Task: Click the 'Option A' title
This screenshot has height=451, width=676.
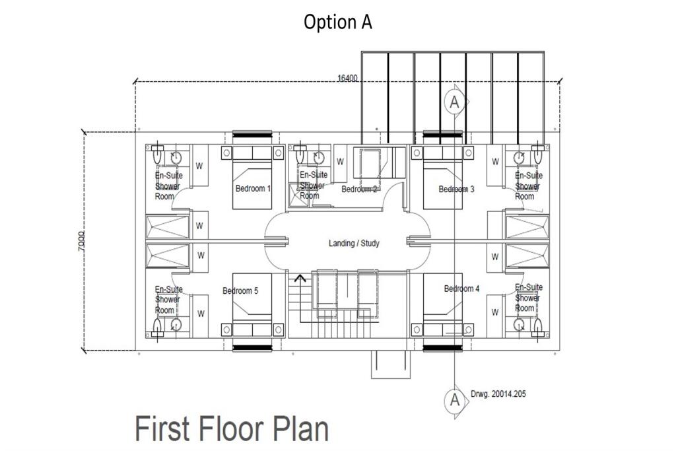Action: click(x=337, y=22)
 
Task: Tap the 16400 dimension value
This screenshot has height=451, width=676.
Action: click(x=347, y=78)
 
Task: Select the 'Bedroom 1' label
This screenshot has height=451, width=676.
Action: click(x=252, y=188)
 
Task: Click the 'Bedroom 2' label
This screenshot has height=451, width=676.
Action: click(x=359, y=190)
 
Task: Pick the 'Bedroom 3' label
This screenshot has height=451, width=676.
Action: click(x=456, y=189)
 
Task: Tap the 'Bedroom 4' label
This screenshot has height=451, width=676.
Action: click(x=461, y=289)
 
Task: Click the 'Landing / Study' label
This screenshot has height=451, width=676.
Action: click(x=354, y=243)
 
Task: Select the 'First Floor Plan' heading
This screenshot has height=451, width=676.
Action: click(x=231, y=428)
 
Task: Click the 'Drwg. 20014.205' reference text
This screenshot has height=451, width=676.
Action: click(x=499, y=394)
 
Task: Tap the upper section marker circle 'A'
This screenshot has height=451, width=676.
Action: click(x=454, y=102)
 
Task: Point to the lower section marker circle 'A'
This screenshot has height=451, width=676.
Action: click(x=454, y=399)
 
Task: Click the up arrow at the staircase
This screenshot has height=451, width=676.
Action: click(x=300, y=278)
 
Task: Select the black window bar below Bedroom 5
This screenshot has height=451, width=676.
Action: click(x=252, y=348)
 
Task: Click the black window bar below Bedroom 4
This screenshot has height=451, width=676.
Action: click(x=442, y=348)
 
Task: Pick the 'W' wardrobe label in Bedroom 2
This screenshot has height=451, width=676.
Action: click(x=341, y=161)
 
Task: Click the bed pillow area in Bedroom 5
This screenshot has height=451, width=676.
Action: click(x=252, y=329)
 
